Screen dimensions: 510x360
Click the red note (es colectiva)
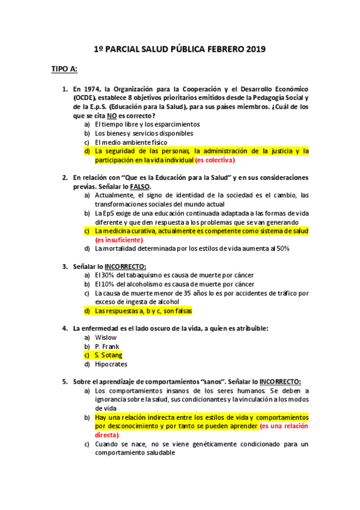coord(215,161)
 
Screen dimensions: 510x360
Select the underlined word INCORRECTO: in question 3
coord(126,266)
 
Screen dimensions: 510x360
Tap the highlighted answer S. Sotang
coord(109,355)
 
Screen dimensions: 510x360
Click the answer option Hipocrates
coord(111,364)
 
